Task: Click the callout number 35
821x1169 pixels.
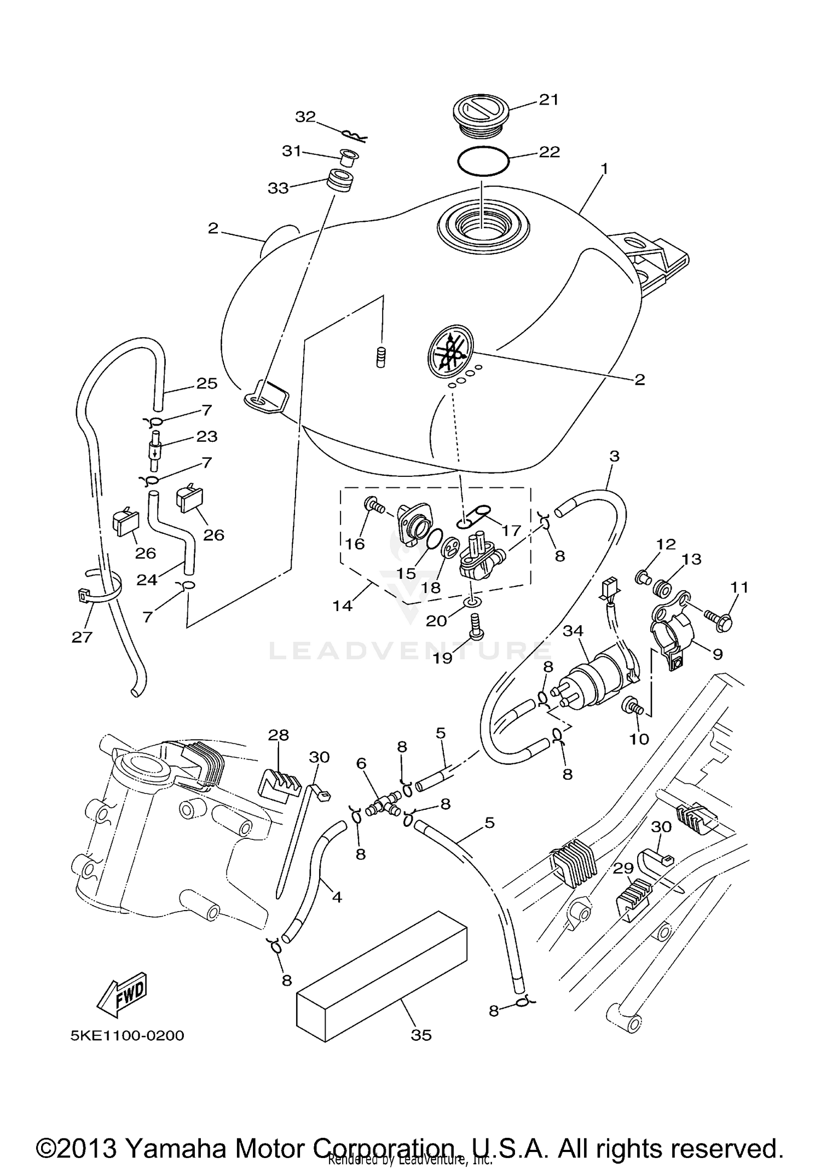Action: click(x=421, y=1035)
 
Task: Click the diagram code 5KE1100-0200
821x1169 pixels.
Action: click(x=127, y=1035)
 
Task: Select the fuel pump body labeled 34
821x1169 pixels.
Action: click(x=597, y=674)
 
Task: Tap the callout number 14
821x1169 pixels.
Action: click(x=343, y=606)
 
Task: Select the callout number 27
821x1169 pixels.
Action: click(x=82, y=636)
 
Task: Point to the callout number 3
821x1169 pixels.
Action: click(x=614, y=456)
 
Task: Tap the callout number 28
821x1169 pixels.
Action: click(x=278, y=735)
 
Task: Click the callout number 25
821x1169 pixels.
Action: click(x=207, y=383)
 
